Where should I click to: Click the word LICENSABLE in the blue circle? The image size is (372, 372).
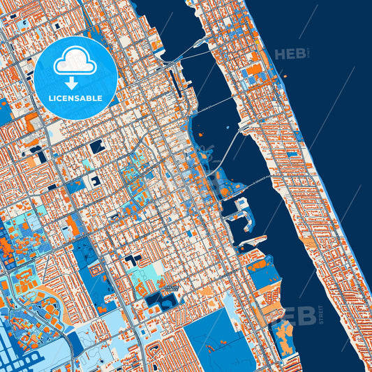click(x=75, y=98)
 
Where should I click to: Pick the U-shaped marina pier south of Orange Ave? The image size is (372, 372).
click(x=241, y=220)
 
